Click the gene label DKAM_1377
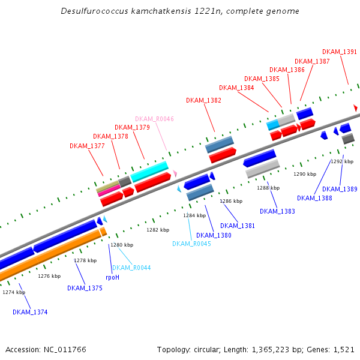click(x=87, y=146)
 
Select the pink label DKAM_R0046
click(x=154, y=119)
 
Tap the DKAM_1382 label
click(x=203, y=100)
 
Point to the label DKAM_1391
click(x=340, y=52)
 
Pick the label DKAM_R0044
click(x=131, y=268)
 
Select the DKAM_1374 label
click(x=30, y=312)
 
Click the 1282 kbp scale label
click(x=158, y=230)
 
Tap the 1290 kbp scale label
click(x=304, y=174)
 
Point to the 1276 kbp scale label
click(x=49, y=276)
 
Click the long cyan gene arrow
click(x=150, y=171)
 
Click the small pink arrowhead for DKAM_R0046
click(x=175, y=173)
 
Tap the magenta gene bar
click(x=109, y=191)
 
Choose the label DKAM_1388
click(x=314, y=198)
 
